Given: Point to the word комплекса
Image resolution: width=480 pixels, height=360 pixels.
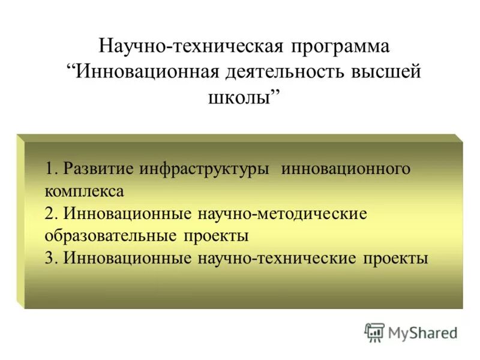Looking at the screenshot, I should coord(84,191).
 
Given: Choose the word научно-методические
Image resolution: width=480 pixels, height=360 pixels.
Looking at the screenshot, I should coord(279,214).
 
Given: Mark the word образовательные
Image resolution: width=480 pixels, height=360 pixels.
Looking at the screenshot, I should coord(110,236).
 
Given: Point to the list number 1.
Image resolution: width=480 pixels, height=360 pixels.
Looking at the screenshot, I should coord(50,169).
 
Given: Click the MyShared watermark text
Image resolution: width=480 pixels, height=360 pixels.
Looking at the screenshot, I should coord(422,332).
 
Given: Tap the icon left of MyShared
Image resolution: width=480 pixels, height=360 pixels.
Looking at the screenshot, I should coord(374,332).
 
